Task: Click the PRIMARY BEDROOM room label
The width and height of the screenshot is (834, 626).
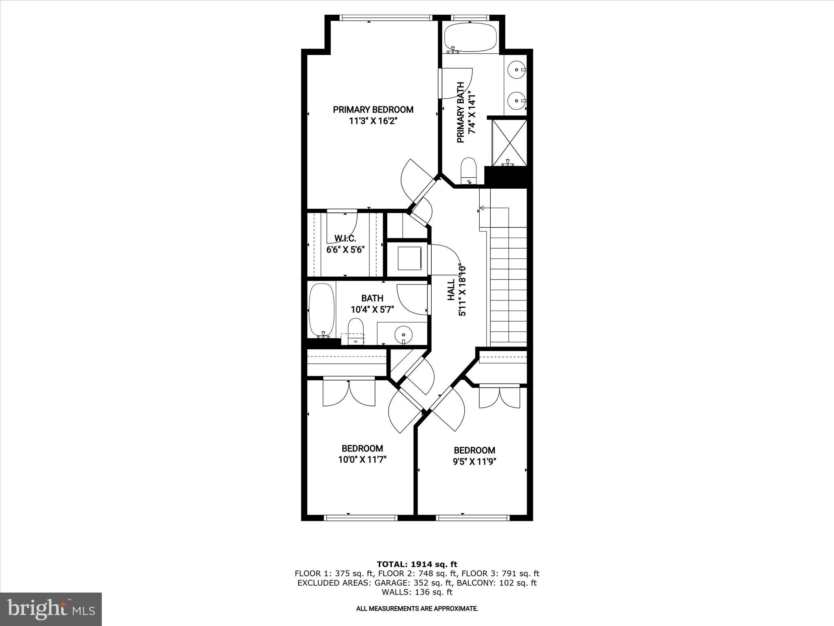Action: point(373,110)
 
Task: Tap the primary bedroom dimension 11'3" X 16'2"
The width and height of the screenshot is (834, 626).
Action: point(373,121)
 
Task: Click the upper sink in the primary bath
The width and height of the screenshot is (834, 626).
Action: point(516,70)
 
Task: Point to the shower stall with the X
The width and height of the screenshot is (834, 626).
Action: point(509,142)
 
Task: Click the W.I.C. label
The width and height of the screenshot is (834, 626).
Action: point(345,238)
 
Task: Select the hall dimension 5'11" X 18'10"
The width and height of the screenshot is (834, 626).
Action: point(463,291)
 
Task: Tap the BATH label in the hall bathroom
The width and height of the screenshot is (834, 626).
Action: point(372,298)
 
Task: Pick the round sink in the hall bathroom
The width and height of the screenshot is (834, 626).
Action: point(403,335)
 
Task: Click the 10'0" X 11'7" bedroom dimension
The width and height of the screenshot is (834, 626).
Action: point(362,460)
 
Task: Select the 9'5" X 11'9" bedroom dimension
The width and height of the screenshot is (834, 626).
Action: point(474,462)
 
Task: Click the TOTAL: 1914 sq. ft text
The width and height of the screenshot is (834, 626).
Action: point(417,564)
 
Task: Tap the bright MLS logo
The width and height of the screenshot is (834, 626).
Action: point(51,609)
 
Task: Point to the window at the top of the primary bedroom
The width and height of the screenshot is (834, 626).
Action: point(385,18)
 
